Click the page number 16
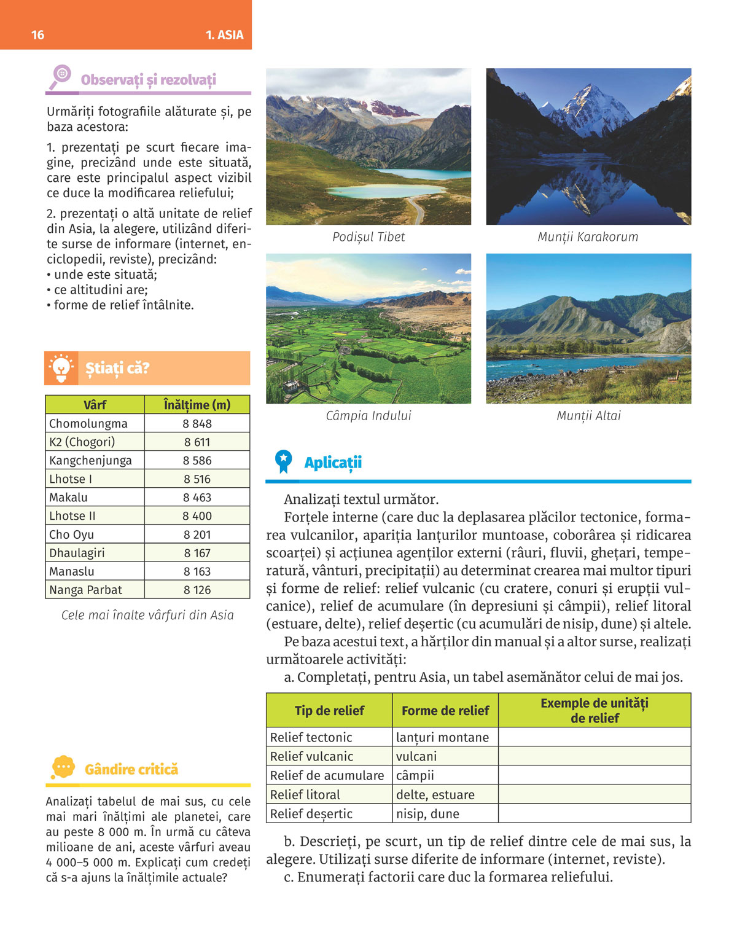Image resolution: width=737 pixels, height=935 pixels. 37,35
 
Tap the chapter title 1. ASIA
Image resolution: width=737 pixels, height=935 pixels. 224,35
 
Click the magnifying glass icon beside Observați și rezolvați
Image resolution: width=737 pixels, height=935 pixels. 61,77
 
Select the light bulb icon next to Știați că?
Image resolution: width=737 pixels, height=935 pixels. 61,368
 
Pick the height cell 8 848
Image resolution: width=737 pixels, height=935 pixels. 197,424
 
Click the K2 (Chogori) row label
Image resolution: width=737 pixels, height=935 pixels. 82,442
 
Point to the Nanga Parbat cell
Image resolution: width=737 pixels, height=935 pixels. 86,590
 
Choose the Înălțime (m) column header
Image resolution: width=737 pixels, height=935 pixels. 197,405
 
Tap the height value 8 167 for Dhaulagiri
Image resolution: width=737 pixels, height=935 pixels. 197,553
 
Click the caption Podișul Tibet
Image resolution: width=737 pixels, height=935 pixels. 368,237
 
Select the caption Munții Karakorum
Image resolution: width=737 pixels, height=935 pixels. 588,237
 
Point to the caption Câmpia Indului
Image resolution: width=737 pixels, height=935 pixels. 368,416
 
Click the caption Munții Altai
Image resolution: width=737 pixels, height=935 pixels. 588,416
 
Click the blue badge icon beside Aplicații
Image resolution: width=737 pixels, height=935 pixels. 283,461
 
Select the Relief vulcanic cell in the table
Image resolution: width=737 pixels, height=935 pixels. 312,756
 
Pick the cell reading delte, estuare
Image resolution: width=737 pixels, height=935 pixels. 435,795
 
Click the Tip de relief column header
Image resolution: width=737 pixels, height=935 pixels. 329,711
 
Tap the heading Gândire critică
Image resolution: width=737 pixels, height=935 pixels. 131,770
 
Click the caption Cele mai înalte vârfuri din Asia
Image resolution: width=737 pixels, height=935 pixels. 147,616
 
